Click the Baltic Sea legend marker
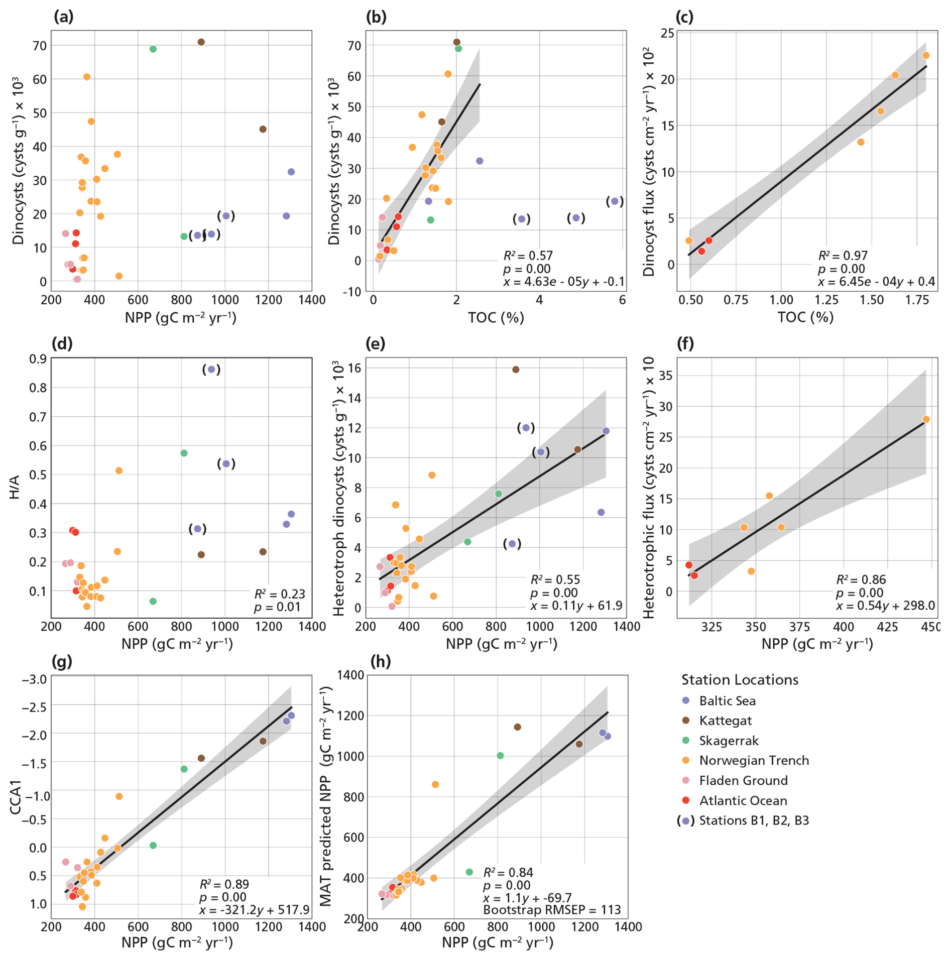pos(686,700)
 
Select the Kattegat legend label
pos(725,721)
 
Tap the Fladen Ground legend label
pos(743,780)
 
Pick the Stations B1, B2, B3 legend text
pos(754,820)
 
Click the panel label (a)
pos(63,17)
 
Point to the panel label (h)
pos(381,661)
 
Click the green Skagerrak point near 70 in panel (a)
pos(153,49)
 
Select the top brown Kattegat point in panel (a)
pos(201,42)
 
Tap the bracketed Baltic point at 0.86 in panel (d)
pos(211,369)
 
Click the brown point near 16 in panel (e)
pos(516,370)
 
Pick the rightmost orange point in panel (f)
pos(926,419)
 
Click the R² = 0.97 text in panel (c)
pos(843,256)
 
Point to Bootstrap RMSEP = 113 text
pos(552,910)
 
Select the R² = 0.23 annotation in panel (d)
pos(280,594)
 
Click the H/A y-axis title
pos(15,487)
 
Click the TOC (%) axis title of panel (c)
pos(805,317)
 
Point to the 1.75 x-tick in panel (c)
pos(917,300)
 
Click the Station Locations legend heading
pos(740,680)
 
